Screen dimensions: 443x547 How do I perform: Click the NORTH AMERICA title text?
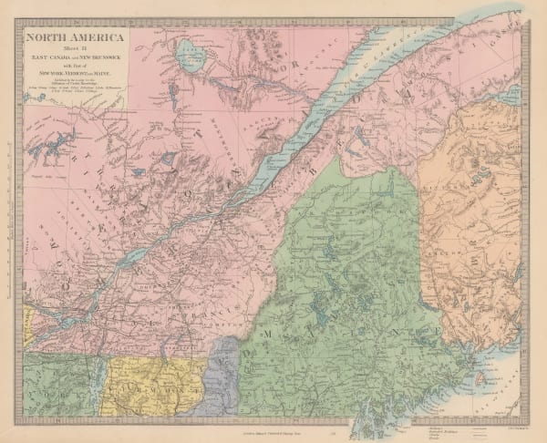click(77, 39)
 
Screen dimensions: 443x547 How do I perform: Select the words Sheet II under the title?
click(76, 51)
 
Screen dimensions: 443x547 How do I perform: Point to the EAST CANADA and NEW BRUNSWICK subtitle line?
click(77, 59)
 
